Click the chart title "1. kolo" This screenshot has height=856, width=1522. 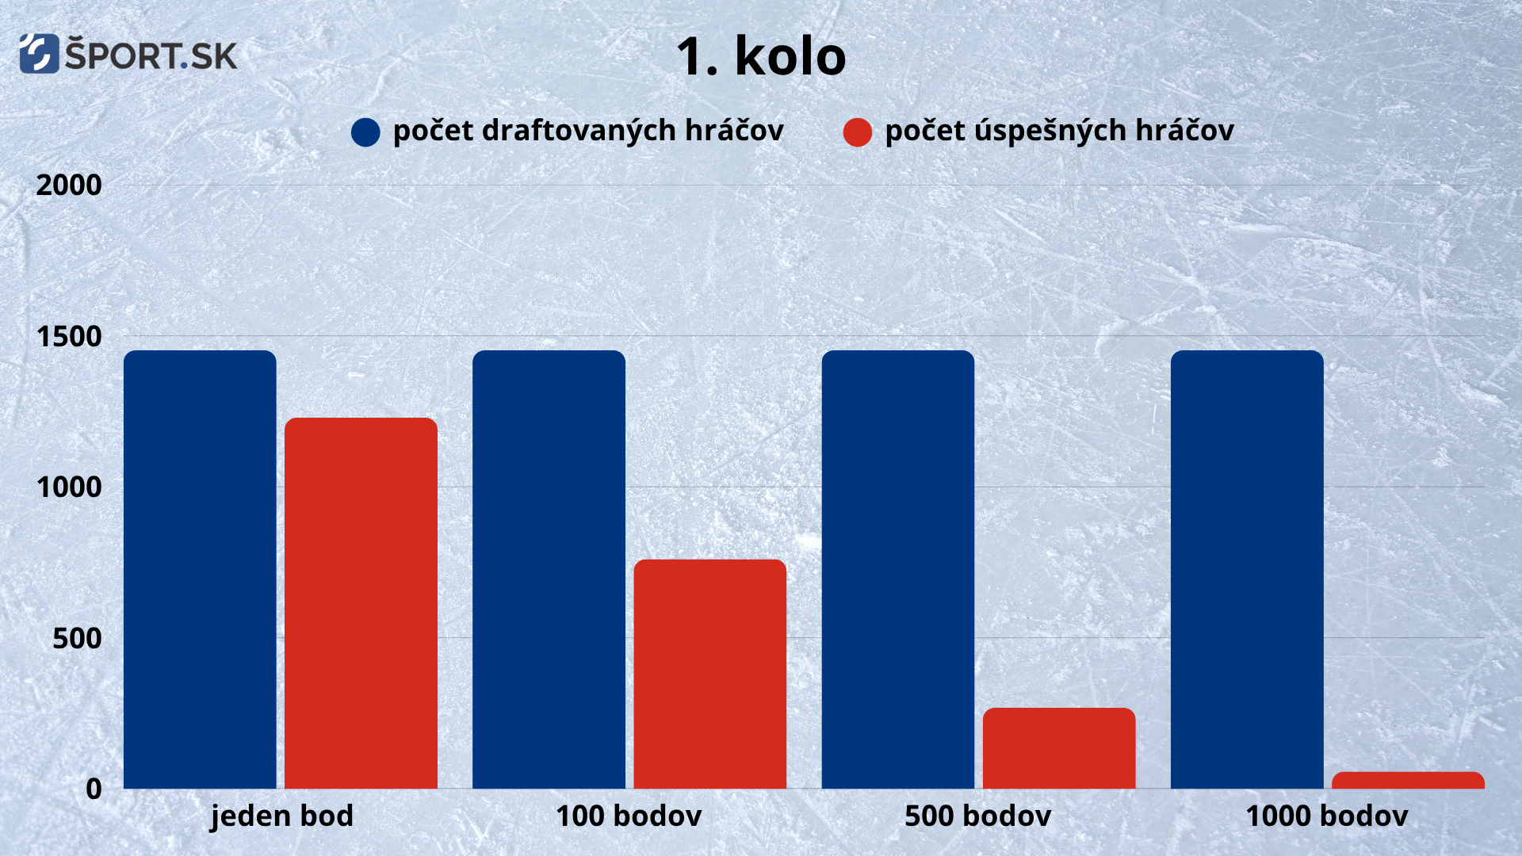coord(761,56)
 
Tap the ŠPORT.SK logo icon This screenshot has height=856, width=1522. coord(39,54)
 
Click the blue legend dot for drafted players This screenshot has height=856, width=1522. coord(365,132)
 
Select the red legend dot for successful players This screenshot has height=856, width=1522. coord(858,132)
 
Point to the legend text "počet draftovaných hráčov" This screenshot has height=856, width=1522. coord(588,131)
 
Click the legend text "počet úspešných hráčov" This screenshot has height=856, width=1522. coord(1059,131)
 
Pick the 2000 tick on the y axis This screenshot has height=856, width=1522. coord(69,185)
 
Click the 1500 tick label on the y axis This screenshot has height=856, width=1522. coord(69,336)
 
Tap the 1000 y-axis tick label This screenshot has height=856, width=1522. coord(69,487)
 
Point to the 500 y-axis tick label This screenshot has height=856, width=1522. coord(77,638)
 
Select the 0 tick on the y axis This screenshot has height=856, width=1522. coord(94,789)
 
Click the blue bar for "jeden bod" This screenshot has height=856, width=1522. coord(200,570)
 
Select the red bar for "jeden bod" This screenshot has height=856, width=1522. coord(361,603)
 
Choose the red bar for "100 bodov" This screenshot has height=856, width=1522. coord(710,674)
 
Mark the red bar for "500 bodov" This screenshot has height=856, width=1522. coord(1059,748)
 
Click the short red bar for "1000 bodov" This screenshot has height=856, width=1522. coord(1408,781)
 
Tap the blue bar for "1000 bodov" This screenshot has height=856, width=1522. coord(1247,570)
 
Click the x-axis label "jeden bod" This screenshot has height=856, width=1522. coord(281,816)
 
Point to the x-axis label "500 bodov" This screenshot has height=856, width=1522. coord(978,816)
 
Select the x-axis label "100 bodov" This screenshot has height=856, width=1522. coord(629,816)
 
